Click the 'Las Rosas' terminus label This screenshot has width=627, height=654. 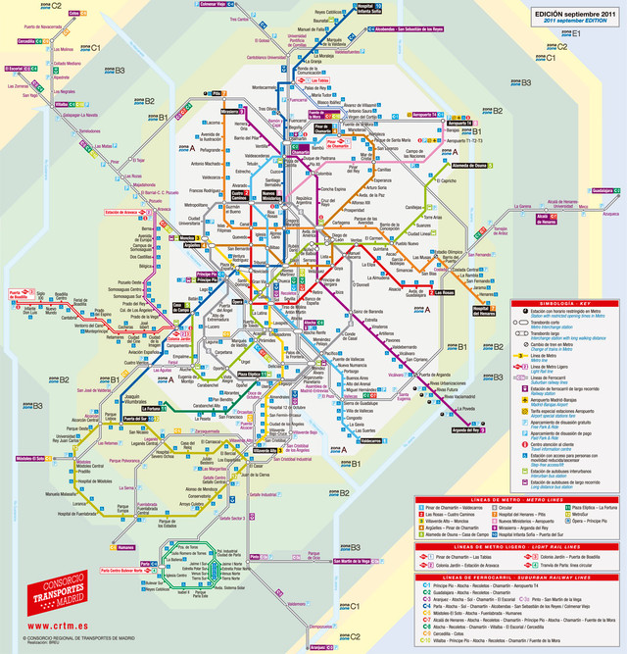tap(447, 293)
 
